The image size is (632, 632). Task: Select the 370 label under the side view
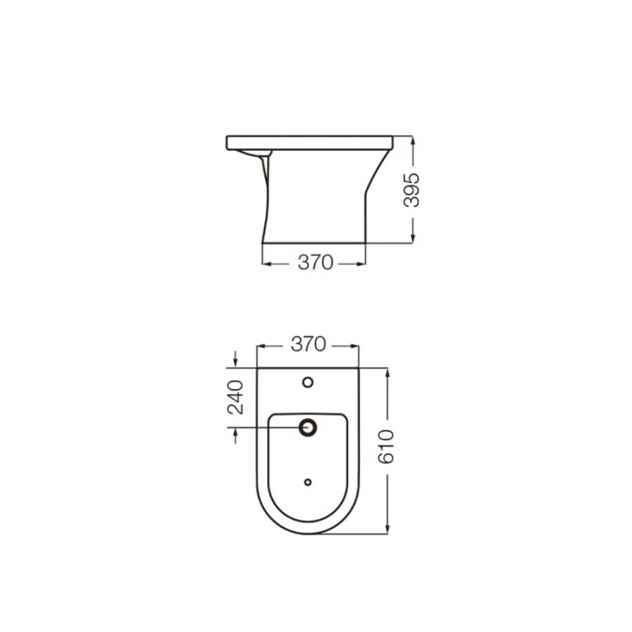pyautogui.click(x=315, y=263)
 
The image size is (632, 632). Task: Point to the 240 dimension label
pyautogui.click(x=235, y=396)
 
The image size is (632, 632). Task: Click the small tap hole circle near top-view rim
pyautogui.click(x=308, y=383)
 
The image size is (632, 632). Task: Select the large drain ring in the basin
pyautogui.click(x=308, y=426)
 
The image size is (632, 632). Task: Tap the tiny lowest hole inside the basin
pyautogui.click(x=308, y=482)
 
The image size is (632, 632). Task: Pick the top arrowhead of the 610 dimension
pyautogui.click(x=387, y=371)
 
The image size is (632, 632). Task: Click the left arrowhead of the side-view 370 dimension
pyautogui.click(x=265, y=263)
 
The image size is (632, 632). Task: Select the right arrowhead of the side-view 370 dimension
pyautogui.click(x=362, y=263)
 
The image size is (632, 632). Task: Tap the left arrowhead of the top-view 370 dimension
pyautogui.click(x=262, y=345)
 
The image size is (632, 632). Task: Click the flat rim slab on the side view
pyautogui.click(x=309, y=143)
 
